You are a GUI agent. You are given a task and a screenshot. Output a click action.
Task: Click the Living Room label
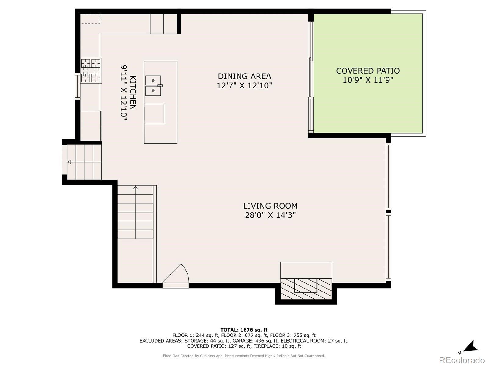tap(270, 206)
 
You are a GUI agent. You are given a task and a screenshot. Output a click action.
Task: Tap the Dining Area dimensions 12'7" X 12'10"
tap(244, 85)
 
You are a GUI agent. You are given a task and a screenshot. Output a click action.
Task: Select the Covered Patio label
tap(368, 71)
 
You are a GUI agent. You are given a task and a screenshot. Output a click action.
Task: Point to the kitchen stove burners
tap(91, 71)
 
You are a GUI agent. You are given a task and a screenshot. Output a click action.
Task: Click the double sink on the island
tap(153, 86)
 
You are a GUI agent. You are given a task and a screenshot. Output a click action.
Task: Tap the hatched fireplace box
tap(306, 289)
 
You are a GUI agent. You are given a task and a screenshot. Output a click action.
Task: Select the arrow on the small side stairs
tap(69, 162)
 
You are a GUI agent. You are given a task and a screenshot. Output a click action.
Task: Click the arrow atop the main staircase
tap(135, 188)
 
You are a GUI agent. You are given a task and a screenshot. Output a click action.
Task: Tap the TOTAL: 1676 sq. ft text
tap(244, 330)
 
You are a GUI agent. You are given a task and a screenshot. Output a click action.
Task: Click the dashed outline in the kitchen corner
tap(90, 19)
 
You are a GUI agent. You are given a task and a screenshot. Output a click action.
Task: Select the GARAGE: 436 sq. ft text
tap(255, 341)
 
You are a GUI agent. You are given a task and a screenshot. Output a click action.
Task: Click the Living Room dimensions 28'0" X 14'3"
tap(270, 215)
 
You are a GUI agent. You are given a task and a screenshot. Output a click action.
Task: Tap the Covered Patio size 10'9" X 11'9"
tap(368, 80)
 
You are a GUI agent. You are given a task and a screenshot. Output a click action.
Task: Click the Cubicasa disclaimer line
tap(244, 356)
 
